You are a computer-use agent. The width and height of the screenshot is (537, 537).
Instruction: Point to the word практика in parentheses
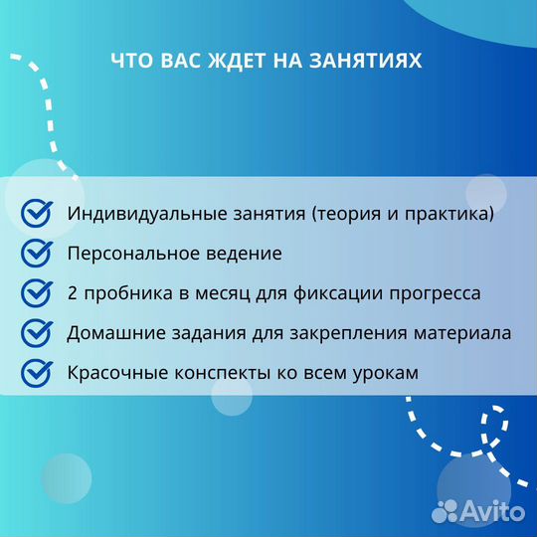pyautogui.click(x=447, y=214)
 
